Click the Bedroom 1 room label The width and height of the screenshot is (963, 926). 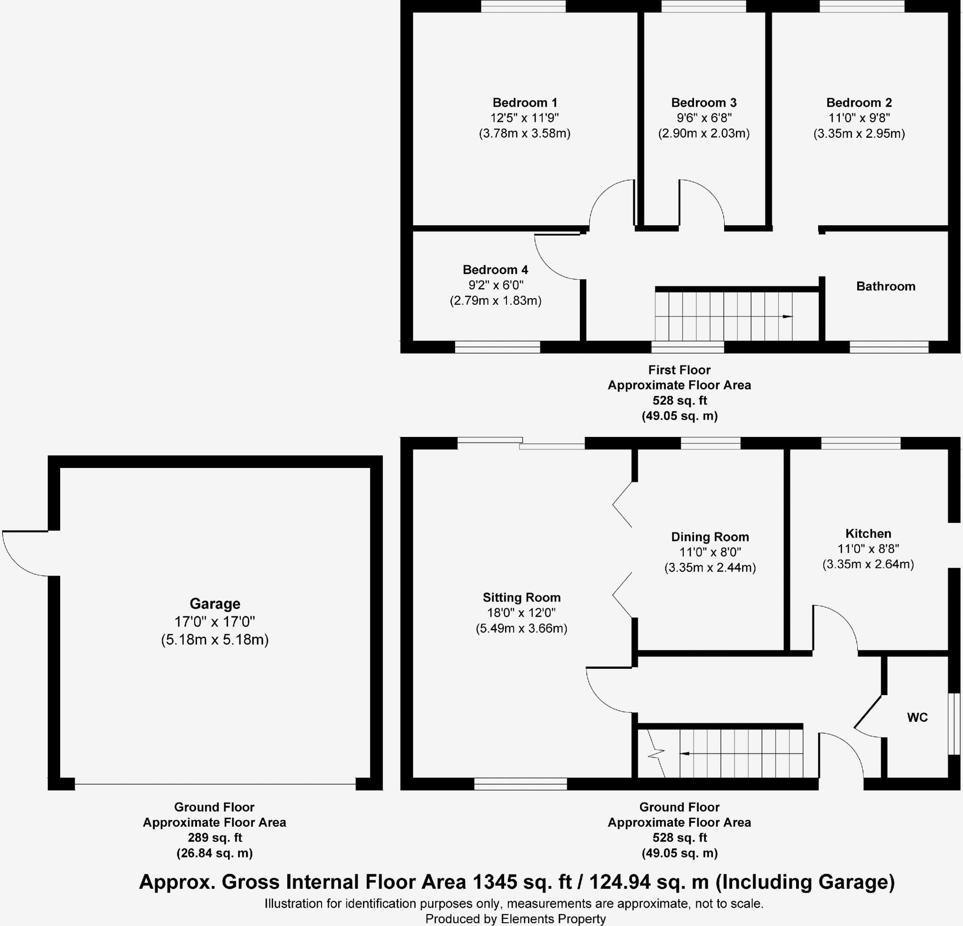click(x=525, y=103)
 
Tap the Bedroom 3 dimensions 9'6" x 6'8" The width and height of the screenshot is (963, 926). click(x=703, y=118)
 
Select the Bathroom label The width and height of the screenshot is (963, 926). click(x=885, y=286)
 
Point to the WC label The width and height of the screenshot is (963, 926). click(x=917, y=718)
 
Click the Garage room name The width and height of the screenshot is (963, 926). click(x=215, y=603)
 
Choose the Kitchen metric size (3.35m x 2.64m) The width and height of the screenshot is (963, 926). click(x=868, y=564)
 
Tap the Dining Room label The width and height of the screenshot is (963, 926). click(x=710, y=537)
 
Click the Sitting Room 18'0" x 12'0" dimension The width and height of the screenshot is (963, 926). click(x=521, y=613)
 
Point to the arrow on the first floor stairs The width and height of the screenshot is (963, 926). click(x=787, y=317)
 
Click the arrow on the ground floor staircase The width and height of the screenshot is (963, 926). click(x=685, y=753)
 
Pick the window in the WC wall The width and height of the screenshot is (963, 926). click(x=954, y=723)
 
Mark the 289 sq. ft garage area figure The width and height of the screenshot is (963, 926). click(x=215, y=838)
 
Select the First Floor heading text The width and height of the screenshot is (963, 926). click(x=679, y=370)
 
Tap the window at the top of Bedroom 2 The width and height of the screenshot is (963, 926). click(x=862, y=7)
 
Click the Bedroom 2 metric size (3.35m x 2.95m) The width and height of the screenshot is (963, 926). click(x=859, y=134)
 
